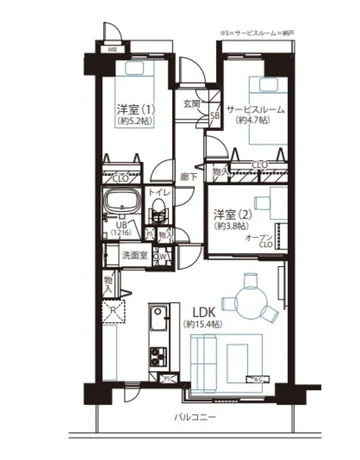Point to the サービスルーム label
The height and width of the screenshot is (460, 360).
click(255, 110)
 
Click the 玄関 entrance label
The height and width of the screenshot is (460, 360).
click(191, 104)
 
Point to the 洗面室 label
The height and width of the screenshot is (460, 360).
click(133, 255)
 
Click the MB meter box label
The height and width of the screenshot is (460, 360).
click(113, 49)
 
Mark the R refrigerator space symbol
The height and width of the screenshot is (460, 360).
click(113, 311)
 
